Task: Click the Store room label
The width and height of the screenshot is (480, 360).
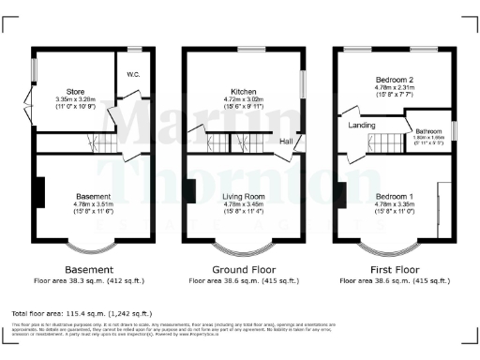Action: tap(64, 90)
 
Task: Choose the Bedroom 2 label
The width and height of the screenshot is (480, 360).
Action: tap(394, 83)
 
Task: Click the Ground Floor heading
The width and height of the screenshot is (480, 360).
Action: tap(244, 269)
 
